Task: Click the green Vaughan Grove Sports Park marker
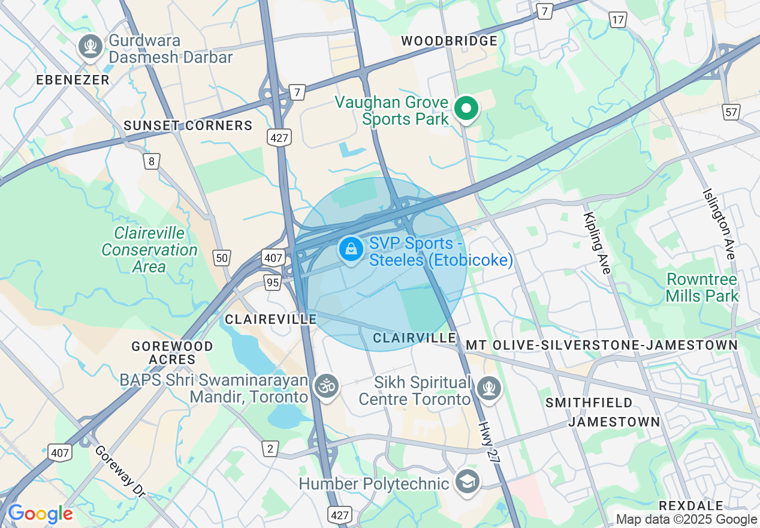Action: pos(466,109)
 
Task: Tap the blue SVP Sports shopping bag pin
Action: pos(351,249)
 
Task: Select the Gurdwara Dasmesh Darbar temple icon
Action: pos(91,46)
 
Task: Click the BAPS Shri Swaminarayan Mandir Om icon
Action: pos(327,385)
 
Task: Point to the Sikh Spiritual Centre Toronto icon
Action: pos(488,388)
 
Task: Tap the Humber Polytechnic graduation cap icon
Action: pos(467,481)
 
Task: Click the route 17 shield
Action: pos(619,20)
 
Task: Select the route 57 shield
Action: pos(731,112)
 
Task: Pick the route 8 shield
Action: pos(152,161)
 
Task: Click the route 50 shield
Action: pos(222,258)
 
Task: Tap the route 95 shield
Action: pos(273,282)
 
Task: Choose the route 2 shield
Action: pos(270,448)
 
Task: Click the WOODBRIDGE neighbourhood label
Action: pos(449,41)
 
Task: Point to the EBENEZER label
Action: pos(73,80)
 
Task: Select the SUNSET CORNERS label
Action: pos(188,125)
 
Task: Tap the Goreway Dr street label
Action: pos(120,471)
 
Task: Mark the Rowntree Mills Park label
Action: pos(702,287)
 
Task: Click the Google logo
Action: pos(40,514)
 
